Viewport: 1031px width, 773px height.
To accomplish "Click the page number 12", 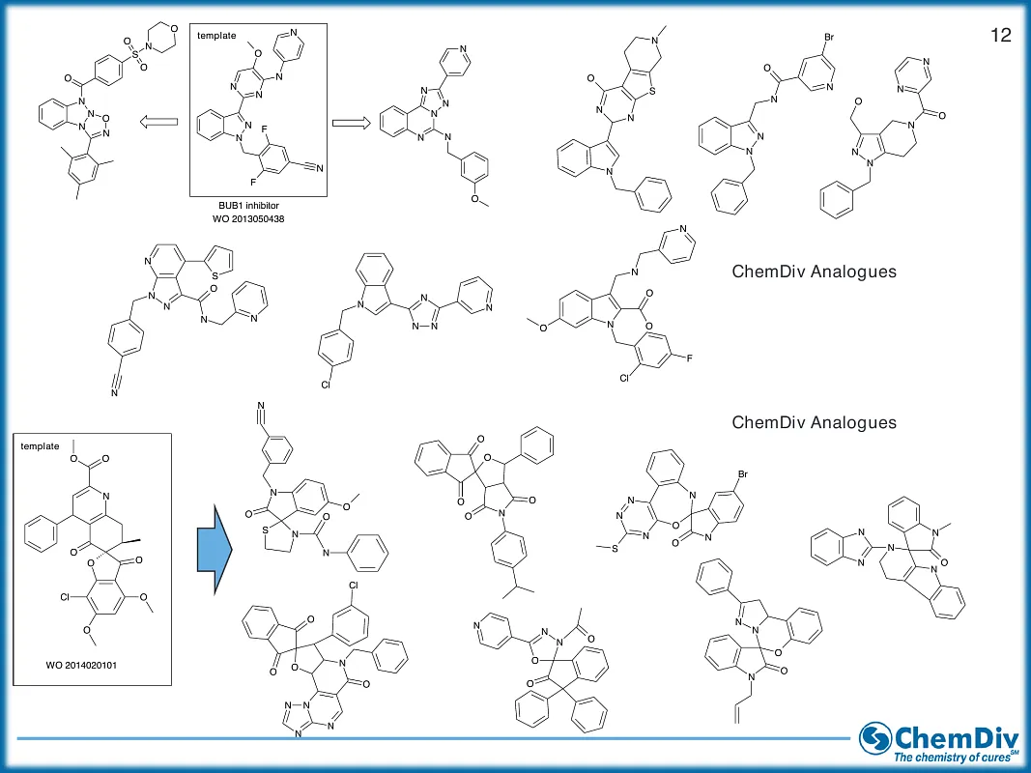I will [1000, 36].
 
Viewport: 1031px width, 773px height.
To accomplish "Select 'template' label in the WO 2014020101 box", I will [40, 446].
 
